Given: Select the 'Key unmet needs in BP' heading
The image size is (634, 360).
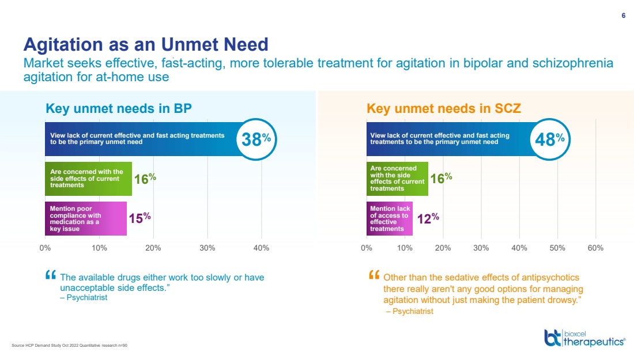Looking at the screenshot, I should tap(118, 108).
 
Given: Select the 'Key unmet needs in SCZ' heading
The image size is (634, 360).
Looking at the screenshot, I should tap(444, 108).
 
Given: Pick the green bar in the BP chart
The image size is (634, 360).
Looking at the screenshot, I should tap(88, 179).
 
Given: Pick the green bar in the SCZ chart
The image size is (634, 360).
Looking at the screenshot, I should tap(397, 179).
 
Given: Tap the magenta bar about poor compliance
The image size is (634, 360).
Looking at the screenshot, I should tap(86, 218).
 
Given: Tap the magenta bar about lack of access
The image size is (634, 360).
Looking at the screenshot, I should tap(390, 218).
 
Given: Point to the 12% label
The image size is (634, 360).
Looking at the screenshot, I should tap(428, 218).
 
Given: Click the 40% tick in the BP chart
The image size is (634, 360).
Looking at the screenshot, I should tap(261, 248).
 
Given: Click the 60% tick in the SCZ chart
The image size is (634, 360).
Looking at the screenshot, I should tap(595, 248).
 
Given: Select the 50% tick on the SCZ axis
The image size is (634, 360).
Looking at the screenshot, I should tap(557, 248).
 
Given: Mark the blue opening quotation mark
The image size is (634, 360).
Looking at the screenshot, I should tap(50, 275).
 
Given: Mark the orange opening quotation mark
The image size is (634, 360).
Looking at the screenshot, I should tap(374, 275).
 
